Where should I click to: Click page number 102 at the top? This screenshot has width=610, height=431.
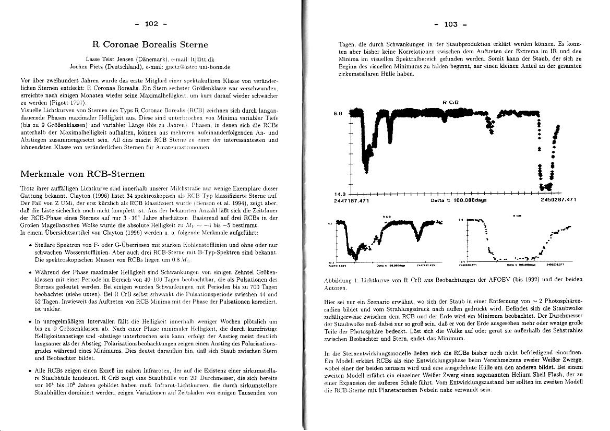point(151,23)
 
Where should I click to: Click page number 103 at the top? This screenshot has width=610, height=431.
point(450,23)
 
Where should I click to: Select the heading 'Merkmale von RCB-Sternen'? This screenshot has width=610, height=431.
point(82,174)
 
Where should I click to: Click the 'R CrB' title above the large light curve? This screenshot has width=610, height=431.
point(449,102)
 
